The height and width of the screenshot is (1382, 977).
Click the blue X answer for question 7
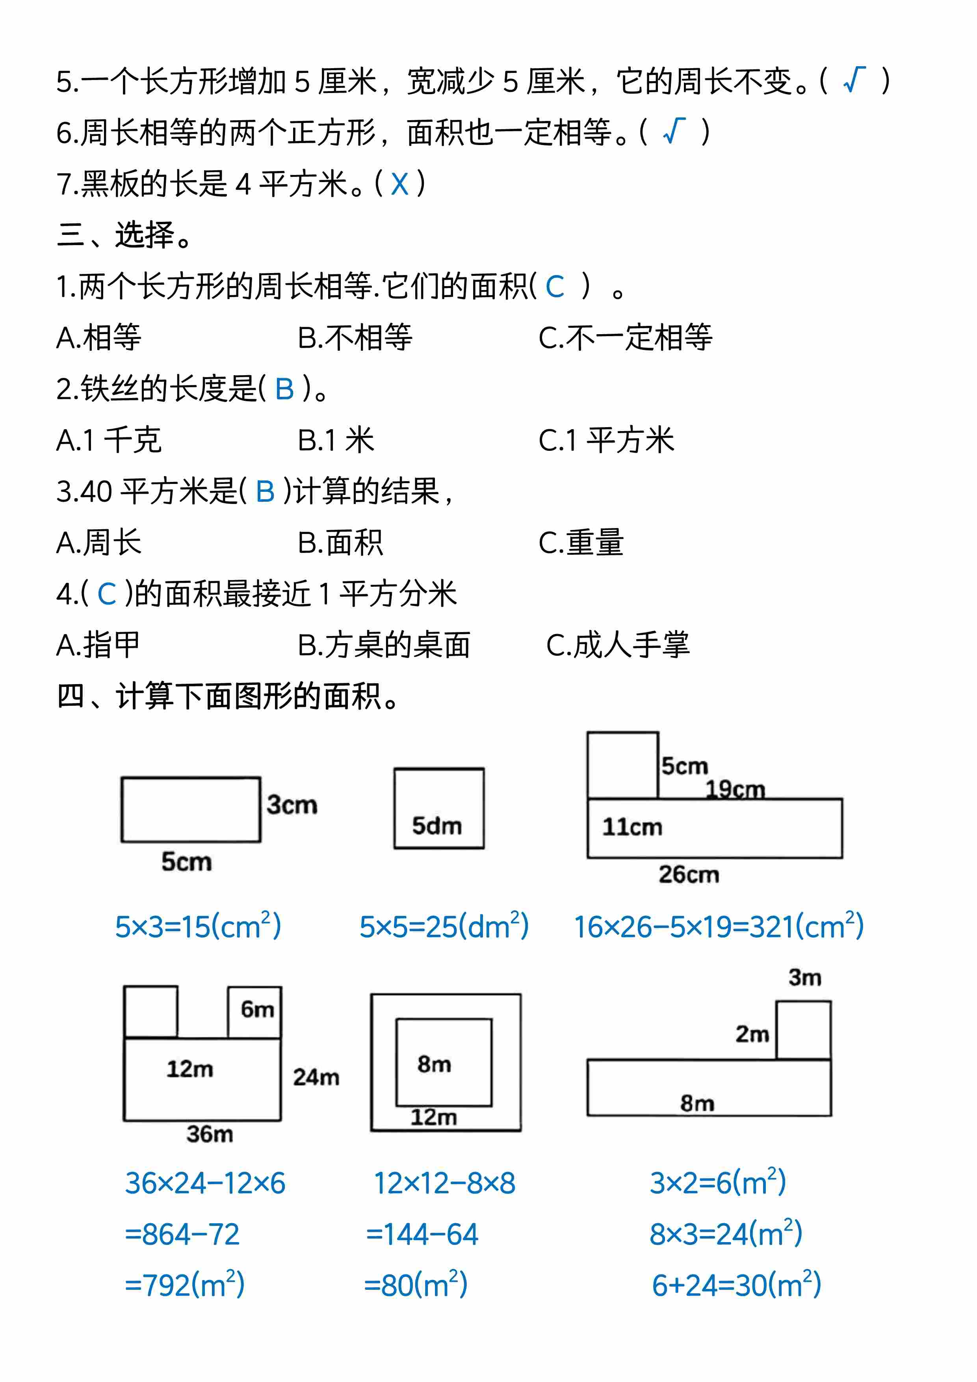(399, 184)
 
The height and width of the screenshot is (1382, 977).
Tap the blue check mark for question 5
(854, 80)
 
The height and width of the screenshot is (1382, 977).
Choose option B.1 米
(336, 440)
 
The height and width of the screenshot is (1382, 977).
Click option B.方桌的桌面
(384, 645)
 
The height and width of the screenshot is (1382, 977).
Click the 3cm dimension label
(292, 805)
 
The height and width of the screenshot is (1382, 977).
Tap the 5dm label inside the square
(437, 826)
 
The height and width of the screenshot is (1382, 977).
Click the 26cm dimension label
(689, 874)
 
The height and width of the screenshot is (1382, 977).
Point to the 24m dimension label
(316, 1077)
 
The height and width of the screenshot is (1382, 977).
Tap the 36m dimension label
(209, 1134)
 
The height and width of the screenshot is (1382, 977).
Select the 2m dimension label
(752, 1034)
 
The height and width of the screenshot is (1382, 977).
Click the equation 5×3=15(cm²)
(198, 927)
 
